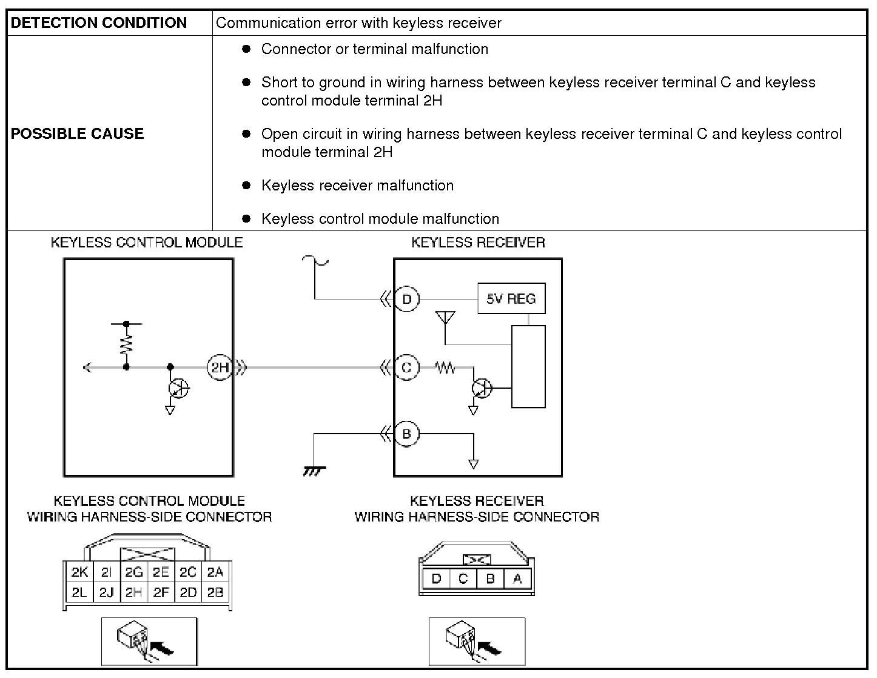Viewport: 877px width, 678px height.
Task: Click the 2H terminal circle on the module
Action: pyautogui.click(x=220, y=367)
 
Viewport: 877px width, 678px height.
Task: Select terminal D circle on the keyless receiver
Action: pyautogui.click(x=407, y=298)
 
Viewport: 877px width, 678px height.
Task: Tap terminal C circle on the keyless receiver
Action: pyautogui.click(x=407, y=367)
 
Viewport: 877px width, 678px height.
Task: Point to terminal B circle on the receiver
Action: pyautogui.click(x=407, y=434)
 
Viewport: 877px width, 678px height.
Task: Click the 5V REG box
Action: pyautogui.click(x=511, y=298)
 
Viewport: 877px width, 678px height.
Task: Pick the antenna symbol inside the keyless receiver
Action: pyautogui.click(x=445, y=318)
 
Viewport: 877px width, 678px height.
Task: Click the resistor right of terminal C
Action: pyautogui.click(x=445, y=367)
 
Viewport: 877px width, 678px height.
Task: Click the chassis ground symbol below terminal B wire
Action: pyautogui.click(x=314, y=471)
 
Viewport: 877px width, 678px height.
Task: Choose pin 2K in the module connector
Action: pyautogui.click(x=79, y=572)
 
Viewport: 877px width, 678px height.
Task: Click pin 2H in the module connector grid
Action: pyautogui.click(x=133, y=592)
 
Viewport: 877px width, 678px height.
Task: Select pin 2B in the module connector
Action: pyautogui.click(x=215, y=592)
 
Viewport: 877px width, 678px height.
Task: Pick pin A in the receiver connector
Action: pyautogui.click(x=517, y=579)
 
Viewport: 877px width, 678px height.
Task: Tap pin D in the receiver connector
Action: pyautogui.click(x=435, y=579)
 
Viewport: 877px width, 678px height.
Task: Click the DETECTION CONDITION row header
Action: pyautogui.click(x=99, y=23)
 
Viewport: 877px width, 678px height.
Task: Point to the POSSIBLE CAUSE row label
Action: pyautogui.click(x=78, y=133)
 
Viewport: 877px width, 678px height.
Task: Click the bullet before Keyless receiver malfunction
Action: pyautogui.click(x=246, y=185)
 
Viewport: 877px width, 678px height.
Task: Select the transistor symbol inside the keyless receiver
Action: pyautogui.click(x=483, y=388)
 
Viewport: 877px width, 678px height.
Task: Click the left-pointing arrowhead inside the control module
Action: pyautogui.click(x=87, y=367)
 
